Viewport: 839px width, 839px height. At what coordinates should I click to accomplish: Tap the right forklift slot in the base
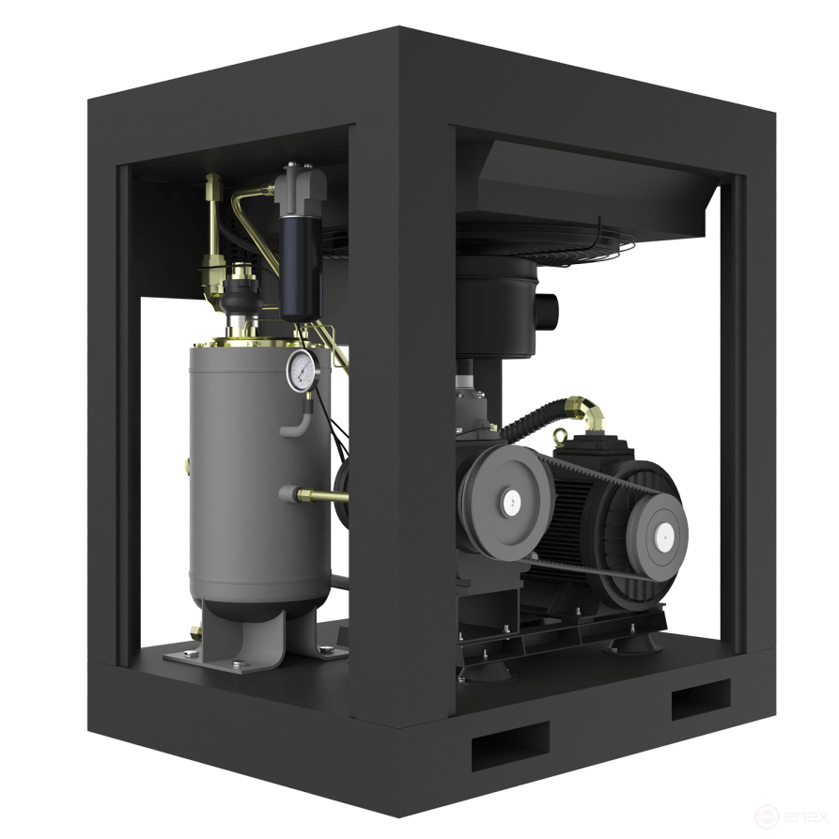pos(700,699)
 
